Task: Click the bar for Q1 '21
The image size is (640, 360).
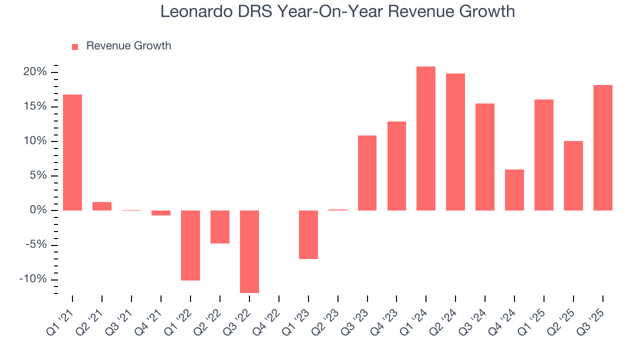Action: coord(72,152)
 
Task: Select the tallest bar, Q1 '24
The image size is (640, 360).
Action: coord(426,138)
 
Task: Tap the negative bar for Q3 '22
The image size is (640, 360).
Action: coord(249,251)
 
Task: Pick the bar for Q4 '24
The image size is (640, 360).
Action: coord(514,190)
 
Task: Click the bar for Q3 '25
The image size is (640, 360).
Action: coord(603,147)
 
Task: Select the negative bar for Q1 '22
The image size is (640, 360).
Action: coord(190,245)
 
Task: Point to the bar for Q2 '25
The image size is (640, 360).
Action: coord(573,175)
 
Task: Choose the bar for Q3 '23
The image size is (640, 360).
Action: coord(367,173)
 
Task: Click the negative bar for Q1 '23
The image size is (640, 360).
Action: coord(308,234)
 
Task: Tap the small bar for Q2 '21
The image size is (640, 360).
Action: coord(102,206)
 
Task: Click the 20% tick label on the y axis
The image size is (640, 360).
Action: coord(34,72)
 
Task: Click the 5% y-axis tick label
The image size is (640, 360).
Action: coord(37,175)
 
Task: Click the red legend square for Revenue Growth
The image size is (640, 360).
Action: coord(75,46)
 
